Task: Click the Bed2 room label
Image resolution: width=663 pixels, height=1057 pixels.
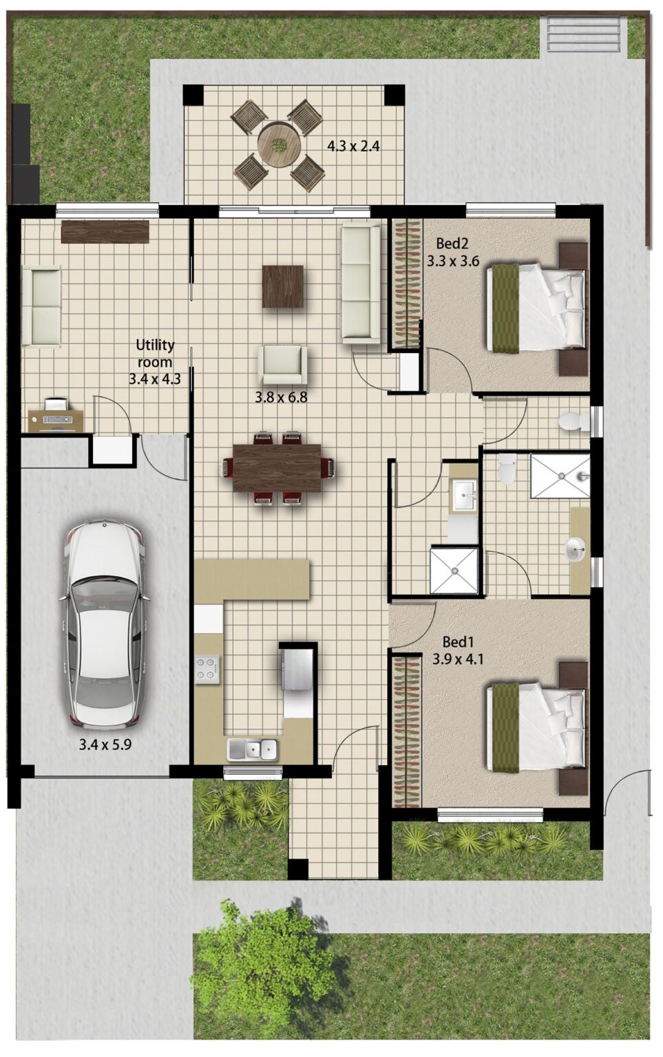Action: tap(452, 244)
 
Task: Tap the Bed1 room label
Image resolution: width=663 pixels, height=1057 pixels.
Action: tap(459, 642)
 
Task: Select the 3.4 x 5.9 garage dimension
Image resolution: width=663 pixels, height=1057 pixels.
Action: tap(105, 744)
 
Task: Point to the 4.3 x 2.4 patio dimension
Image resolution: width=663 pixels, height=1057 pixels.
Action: tap(353, 146)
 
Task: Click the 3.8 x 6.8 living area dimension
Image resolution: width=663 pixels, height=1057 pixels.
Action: tap(281, 397)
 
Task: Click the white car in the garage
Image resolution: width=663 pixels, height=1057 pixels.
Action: tap(105, 624)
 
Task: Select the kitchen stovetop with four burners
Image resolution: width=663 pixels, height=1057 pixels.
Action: tap(207, 669)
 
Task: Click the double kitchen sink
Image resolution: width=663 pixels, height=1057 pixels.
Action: tap(253, 749)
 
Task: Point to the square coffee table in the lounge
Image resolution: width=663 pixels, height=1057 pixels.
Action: tap(282, 286)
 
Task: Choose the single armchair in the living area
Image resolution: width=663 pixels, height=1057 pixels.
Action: tap(281, 364)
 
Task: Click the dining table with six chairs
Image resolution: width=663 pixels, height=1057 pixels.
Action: tap(277, 468)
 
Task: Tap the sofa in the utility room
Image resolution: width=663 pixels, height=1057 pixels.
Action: tap(41, 306)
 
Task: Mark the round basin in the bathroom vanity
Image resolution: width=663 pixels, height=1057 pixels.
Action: tap(576, 548)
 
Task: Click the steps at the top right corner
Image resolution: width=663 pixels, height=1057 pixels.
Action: tap(583, 34)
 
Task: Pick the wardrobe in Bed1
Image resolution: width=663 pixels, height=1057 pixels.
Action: tap(406, 732)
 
